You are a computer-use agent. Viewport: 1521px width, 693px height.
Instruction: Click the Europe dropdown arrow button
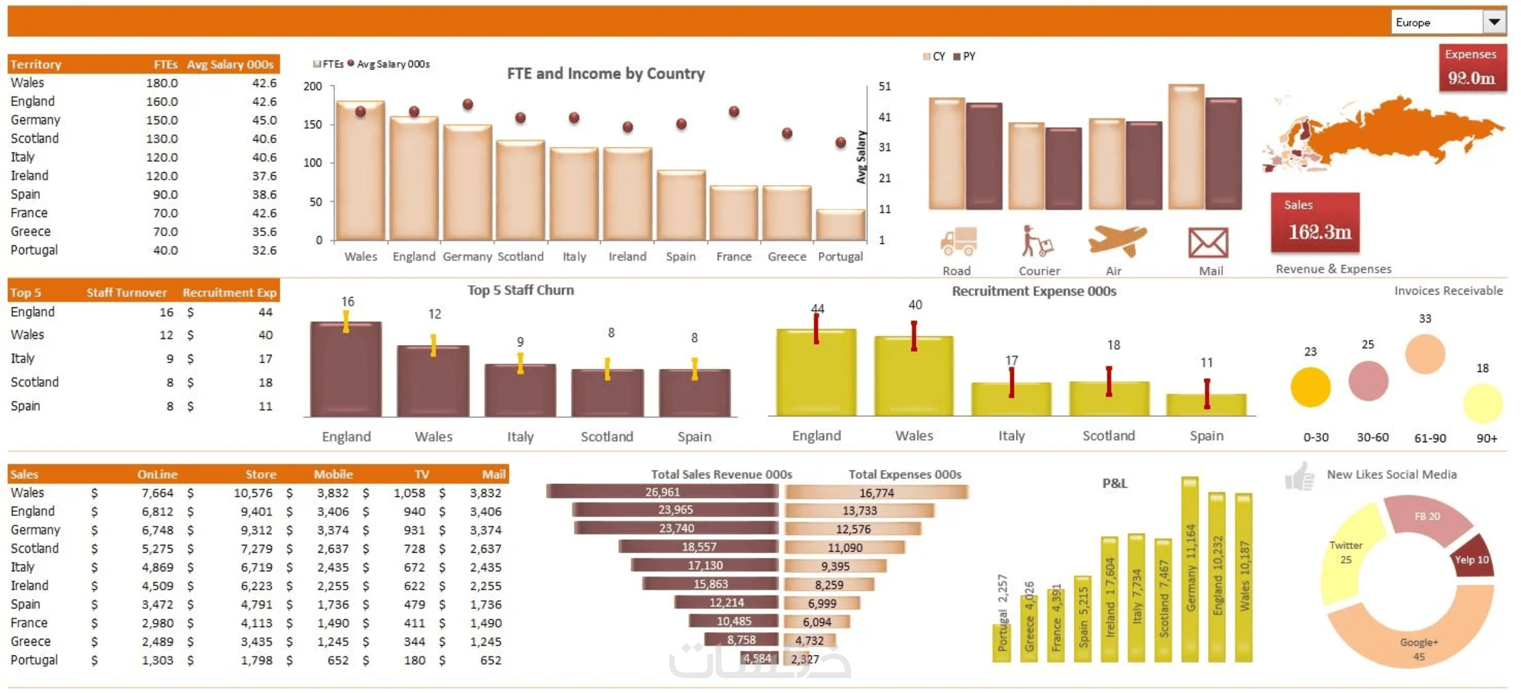click(x=1494, y=22)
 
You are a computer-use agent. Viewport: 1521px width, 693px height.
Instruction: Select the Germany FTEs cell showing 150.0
click(x=162, y=120)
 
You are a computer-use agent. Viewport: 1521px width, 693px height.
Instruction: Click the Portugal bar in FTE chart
click(x=840, y=225)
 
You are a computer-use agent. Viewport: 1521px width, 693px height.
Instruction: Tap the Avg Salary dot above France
click(x=734, y=112)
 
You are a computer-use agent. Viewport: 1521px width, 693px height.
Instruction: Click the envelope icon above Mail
click(x=1208, y=243)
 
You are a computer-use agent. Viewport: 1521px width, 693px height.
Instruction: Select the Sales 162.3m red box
click(x=1315, y=223)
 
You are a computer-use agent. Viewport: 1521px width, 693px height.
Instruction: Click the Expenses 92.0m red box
click(x=1472, y=68)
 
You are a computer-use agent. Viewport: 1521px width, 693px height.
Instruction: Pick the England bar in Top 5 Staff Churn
click(x=346, y=369)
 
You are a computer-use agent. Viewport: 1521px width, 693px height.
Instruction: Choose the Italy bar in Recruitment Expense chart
click(x=1011, y=399)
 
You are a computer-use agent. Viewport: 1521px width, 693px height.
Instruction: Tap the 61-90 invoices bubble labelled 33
click(x=1425, y=354)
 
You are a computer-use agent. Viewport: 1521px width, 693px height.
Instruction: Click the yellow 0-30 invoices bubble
click(x=1310, y=387)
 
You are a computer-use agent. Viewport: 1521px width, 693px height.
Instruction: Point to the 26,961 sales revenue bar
click(x=662, y=492)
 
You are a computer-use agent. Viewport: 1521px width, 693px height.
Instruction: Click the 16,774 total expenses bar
click(x=876, y=493)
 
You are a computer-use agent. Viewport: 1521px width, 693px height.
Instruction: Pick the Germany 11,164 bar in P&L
click(x=1190, y=569)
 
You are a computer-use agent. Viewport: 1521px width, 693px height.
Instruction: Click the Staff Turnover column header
click(x=126, y=293)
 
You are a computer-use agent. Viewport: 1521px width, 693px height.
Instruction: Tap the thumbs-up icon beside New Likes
click(x=1299, y=477)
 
